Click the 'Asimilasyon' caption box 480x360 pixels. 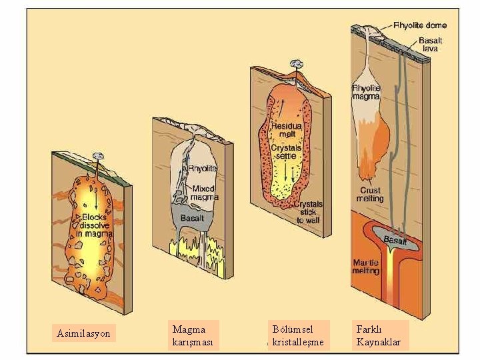[x=84, y=333]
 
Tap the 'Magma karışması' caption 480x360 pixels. [x=193, y=336]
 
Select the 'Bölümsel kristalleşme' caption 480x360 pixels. [x=298, y=336]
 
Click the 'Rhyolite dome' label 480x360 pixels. [x=420, y=26]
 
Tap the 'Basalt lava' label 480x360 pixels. [x=429, y=45]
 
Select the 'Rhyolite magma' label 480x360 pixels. [x=365, y=92]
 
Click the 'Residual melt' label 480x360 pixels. [x=287, y=130]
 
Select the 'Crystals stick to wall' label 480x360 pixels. [x=308, y=212]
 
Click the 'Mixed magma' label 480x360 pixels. [x=204, y=193]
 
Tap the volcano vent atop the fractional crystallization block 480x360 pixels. [x=293, y=65]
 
